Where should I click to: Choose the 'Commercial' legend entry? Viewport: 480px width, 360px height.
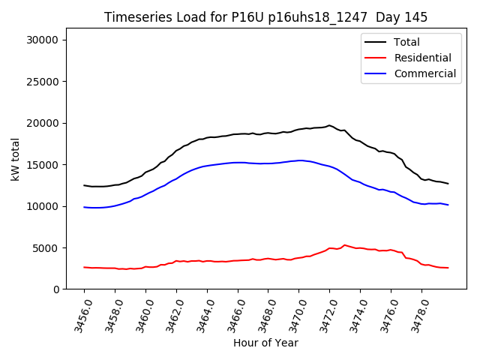[424, 73]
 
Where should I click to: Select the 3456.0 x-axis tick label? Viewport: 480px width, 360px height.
[79, 315]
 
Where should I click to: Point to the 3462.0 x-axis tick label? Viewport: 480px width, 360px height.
[171, 315]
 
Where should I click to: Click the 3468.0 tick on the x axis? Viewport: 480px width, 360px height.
[262, 315]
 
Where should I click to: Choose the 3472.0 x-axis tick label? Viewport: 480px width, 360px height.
[324, 315]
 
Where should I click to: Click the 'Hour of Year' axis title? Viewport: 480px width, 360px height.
[265, 343]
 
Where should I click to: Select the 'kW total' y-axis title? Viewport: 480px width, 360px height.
[16, 159]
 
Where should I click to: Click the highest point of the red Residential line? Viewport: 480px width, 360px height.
[344, 244]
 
